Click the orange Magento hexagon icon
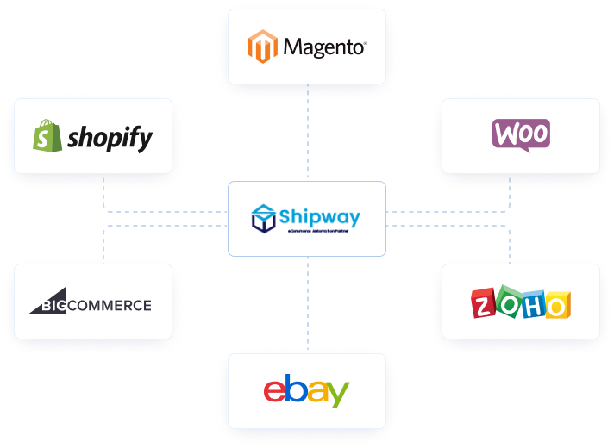click(x=263, y=47)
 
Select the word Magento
click(x=323, y=47)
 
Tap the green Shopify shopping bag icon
click(x=46, y=137)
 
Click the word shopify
click(x=110, y=137)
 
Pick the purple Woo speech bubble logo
click(x=521, y=135)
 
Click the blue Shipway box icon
click(x=261, y=219)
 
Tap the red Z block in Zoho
click(x=484, y=304)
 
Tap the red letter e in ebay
click(x=274, y=392)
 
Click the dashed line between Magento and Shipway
click(x=307, y=133)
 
